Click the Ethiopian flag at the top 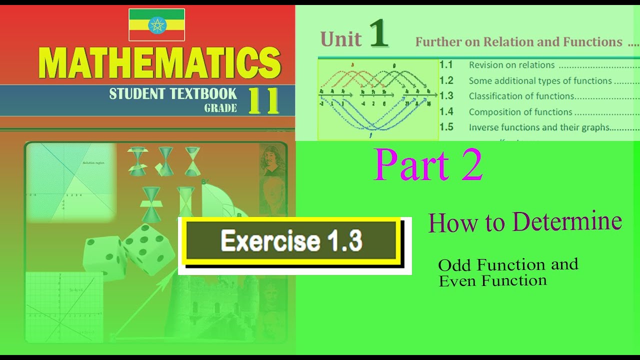point(156,24)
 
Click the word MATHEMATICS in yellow point(159,63)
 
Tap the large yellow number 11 point(263,100)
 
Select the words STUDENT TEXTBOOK point(173,93)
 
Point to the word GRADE point(220,108)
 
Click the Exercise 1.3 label point(291,241)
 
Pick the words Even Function point(492,281)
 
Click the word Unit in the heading point(341,39)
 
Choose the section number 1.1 point(446,64)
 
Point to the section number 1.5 point(446,127)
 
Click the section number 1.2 point(446,80)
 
